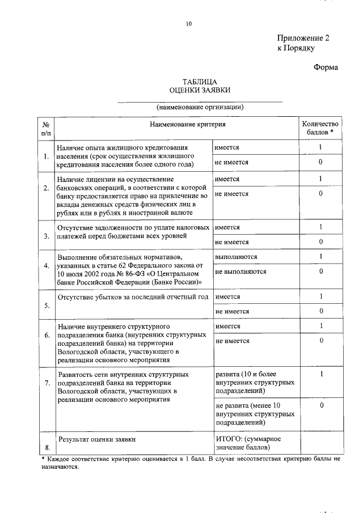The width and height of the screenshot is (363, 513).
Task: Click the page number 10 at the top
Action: [189, 24]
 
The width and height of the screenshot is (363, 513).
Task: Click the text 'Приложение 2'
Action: [303, 38]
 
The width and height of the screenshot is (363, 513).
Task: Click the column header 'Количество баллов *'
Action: [320, 128]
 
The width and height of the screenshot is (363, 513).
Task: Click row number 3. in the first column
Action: [47, 236]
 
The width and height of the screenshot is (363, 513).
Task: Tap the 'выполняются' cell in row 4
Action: [236, 257]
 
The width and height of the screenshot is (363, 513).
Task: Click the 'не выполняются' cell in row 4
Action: [241, 272]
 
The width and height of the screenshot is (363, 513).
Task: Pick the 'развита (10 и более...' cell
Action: [255, 383]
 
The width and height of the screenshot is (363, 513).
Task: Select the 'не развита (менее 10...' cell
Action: [255, 413]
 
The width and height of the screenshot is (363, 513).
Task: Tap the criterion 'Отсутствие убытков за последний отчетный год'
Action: [133, 297]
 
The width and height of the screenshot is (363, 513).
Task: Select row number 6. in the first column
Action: [47, 335]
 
